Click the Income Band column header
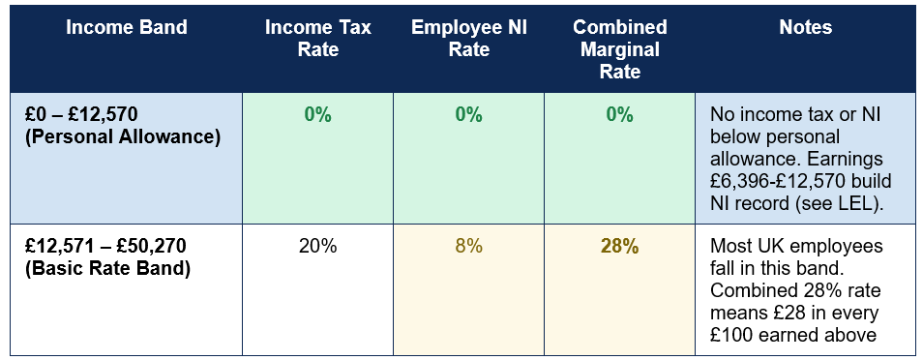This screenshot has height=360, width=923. [x=126, y=27]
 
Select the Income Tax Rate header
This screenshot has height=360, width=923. [x=318, y=38]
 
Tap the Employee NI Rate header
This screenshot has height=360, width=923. [x=468, y=38]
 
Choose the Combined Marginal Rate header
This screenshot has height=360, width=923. [x=619, y=49]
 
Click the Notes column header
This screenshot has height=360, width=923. [x=805, y=27]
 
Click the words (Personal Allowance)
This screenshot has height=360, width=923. [x=123, y=136]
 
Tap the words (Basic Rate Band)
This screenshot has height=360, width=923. [x=108, y=268]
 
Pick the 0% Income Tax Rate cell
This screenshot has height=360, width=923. [x=318, y=115]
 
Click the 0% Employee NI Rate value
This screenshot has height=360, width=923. [x=468, y=115]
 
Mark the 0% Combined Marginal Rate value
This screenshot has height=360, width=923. [x=619, y=115]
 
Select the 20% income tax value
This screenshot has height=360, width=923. [x=318, y=246]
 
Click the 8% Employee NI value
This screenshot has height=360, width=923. [x=468, y=246]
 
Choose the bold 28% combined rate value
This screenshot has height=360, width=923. [x=619, y=246]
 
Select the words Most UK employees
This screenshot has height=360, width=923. [x=796, y=246]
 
